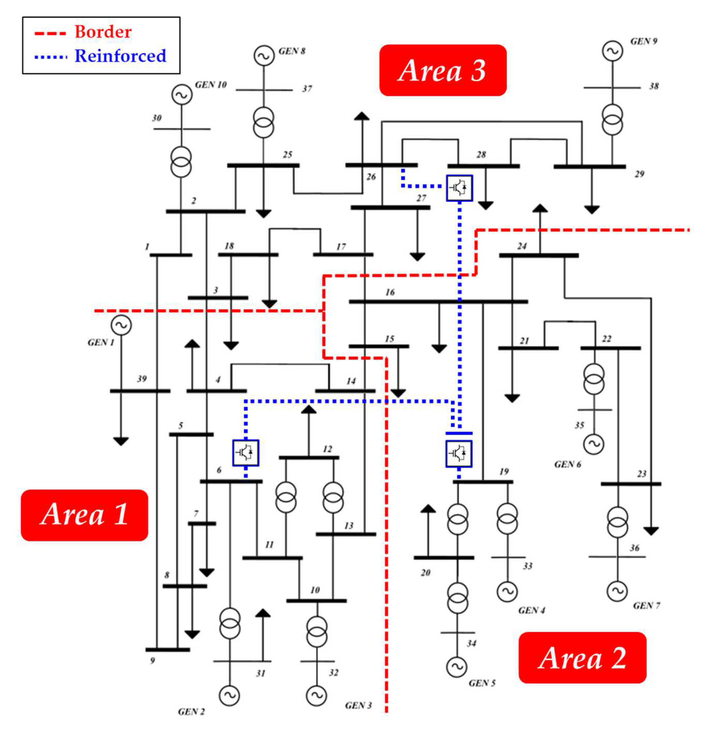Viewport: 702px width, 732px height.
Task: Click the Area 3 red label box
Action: coord(442,70)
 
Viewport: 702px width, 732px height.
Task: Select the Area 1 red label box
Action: coord(84,515)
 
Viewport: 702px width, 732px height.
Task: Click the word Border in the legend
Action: coord(103,32)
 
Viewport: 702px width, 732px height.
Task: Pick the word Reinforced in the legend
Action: coord(120,56)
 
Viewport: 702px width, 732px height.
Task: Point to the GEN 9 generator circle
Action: coord(612,51)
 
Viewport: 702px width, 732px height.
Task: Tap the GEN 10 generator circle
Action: coord(182,95)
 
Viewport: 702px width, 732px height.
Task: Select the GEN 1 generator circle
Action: coord(121,325)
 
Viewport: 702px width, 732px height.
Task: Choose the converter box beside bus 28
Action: coord(459,188)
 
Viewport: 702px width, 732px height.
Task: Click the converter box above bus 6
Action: coord(246,453)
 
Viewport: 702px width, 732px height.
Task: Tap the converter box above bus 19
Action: coord(459,453)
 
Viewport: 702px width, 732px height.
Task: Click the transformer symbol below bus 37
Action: coord(263,122)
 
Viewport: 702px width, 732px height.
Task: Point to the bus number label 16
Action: coord(390,292)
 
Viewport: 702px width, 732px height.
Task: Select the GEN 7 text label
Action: coord(646,605)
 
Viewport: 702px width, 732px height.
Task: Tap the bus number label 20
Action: coord(425,573)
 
